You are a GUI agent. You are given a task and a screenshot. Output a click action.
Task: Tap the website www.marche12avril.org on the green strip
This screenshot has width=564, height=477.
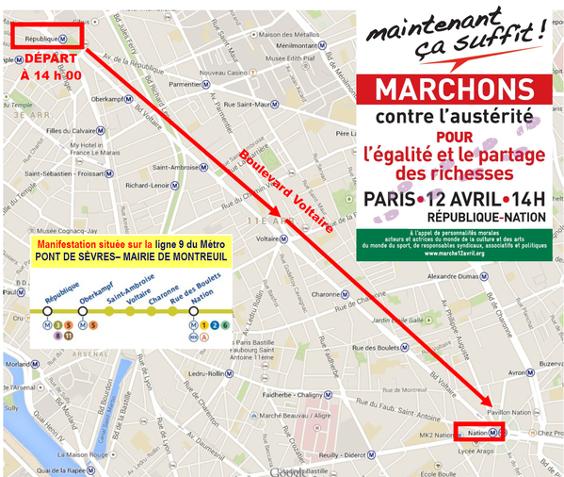(x=453, y=253)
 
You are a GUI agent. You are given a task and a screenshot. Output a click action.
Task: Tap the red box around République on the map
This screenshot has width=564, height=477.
(x=50, y=38)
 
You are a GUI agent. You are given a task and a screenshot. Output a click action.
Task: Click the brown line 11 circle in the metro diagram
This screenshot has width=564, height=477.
(x=69, y=335)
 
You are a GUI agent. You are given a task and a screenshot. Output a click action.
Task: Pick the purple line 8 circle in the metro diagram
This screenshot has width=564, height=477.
(x=57, y=335)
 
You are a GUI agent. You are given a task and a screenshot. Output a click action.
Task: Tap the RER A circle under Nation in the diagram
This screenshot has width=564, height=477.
(x=203, y=336)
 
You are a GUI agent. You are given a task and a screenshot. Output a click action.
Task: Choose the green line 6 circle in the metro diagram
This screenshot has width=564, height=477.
(x=215, y=325)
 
